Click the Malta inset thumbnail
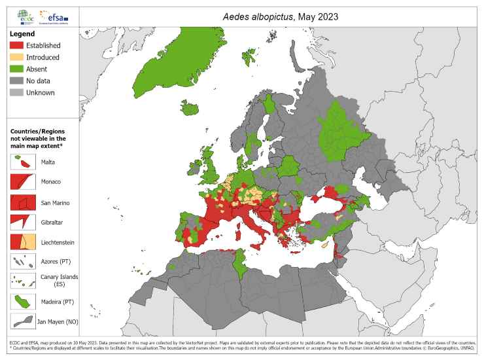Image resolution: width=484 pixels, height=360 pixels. tap(23, 161)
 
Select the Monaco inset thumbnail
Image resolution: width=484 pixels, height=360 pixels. tap(23, 181)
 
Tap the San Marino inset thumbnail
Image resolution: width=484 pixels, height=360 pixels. tap(23, 201)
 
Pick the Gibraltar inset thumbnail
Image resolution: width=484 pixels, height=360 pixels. tap(23, 221)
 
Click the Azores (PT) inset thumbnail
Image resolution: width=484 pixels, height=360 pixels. tap(23, 261)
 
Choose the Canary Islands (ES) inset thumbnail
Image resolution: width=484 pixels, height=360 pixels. tap(23, 281)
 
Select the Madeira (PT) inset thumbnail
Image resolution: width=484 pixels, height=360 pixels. tap(23, 301)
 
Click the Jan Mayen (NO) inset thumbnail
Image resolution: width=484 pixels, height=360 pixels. tap(23, 321)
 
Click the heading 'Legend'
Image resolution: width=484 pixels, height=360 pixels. tap(22, 33)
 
